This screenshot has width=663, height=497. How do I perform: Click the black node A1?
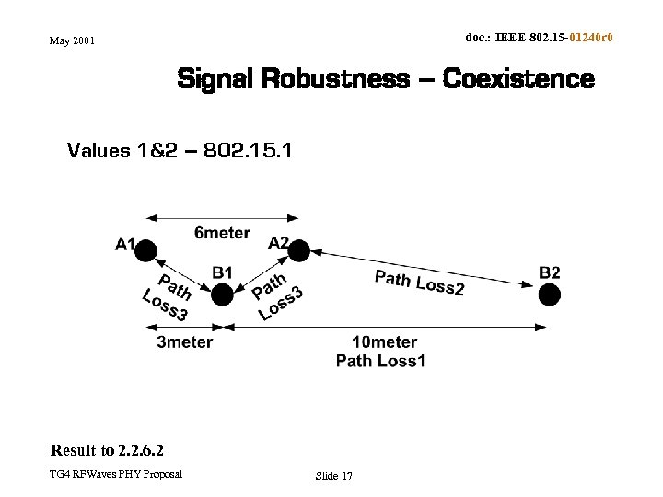tap(145, 249)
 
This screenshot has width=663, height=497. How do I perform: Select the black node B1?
tap(222, 295)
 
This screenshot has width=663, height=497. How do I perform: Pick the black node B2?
tap(549, 295)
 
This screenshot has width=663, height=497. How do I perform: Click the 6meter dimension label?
tap(222, 233)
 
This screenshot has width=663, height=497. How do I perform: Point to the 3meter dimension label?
tap(185, 342)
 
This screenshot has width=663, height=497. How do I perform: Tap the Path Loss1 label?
tap(381, 361)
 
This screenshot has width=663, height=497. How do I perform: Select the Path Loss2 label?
tap(420, 282)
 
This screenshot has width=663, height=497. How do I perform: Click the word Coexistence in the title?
tap(518, 79)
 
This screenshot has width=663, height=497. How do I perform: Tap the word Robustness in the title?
tap(335, 79)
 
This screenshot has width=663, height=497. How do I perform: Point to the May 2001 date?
tap(72, 40)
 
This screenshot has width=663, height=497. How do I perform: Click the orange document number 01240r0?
tap(591, 38)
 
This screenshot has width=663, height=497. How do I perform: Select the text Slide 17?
tap(333, 476)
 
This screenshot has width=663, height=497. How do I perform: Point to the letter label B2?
tap(549, 272)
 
